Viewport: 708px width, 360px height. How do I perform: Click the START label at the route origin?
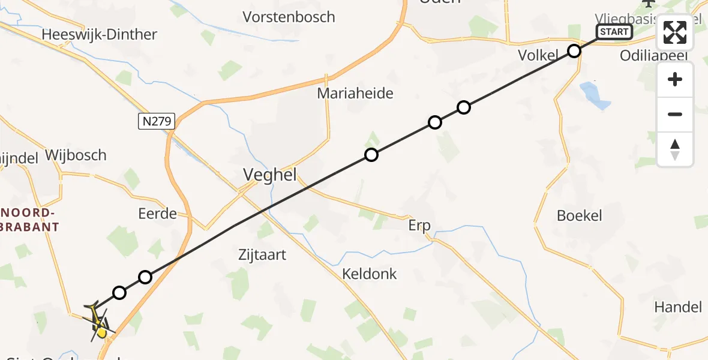tap(614, 32)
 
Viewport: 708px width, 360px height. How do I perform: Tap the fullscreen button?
tap(675, 33)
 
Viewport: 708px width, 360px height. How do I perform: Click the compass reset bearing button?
tap(675, 149)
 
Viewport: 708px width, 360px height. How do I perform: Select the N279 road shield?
tap(156, 122)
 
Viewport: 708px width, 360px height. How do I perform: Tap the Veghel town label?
tap(270, 175)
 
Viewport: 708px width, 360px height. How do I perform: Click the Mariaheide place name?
tap(355, 93)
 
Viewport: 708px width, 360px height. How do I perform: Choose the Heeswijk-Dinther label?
tap(99, 35)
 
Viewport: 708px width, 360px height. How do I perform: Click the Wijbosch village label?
tap(75, 155)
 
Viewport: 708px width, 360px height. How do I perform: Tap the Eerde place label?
tap(157, 213)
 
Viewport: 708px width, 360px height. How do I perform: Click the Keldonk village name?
tap(370, 274)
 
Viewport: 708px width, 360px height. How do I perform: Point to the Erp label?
tap(420, 226)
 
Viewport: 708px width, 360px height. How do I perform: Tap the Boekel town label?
tap(579, 215)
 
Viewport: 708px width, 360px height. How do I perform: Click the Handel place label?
tap(678, 307)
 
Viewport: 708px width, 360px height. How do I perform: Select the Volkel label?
tap(538, 56)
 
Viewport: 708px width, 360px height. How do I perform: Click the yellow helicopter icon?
tap(99, 323)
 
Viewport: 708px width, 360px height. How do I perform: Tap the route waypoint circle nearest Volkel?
tap(574, 51)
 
